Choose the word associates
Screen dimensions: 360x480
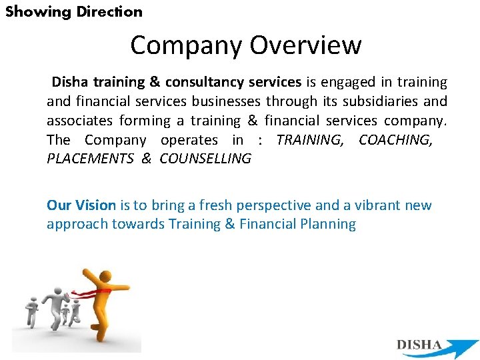79,121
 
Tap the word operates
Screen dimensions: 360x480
189,140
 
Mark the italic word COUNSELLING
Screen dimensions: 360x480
205,159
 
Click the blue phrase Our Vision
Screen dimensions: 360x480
81,205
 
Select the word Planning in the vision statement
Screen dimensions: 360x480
329,224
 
